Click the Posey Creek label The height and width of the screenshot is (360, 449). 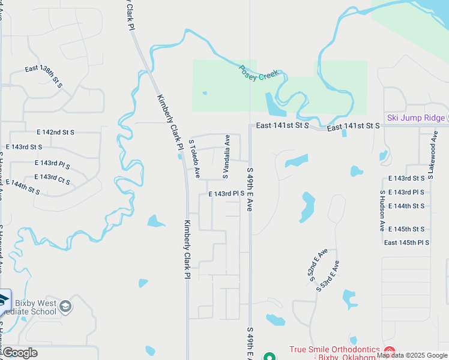[x=259, y=73]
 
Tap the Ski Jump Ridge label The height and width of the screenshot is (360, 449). [x=416, y=118]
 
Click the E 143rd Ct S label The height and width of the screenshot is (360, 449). [x=52, y=179]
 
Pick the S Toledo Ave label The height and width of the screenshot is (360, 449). [x=194, y=160]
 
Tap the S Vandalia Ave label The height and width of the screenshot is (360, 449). [x=227, y=157]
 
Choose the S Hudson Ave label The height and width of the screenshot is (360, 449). [x=382, y=211]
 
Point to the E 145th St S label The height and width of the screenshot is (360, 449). [x=406, y=229]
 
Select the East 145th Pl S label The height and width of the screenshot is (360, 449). [x=406, y=242]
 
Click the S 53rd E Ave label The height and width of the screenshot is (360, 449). [x=328, y=275]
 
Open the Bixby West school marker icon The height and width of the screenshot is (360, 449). [x=66, y=307]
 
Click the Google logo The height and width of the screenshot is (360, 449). [x=20, y=352]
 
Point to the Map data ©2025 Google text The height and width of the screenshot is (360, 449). [x=412, y=355]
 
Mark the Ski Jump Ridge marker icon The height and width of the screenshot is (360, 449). [x=447, y=118]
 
